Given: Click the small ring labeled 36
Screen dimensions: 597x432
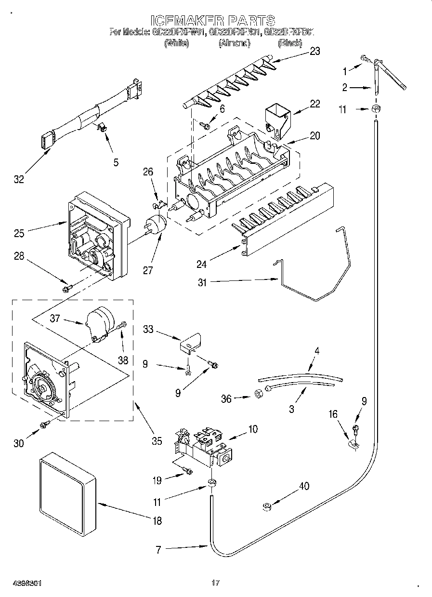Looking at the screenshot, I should click(x=258, y=394).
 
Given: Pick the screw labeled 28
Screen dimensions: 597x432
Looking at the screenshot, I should click(x=66, y=289).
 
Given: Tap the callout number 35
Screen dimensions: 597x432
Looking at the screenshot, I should click(x=157, y=441).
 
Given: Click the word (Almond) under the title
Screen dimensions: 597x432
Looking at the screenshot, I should click(x=234, y=43).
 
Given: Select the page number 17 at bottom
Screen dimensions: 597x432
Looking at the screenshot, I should click(x=215, y=583).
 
